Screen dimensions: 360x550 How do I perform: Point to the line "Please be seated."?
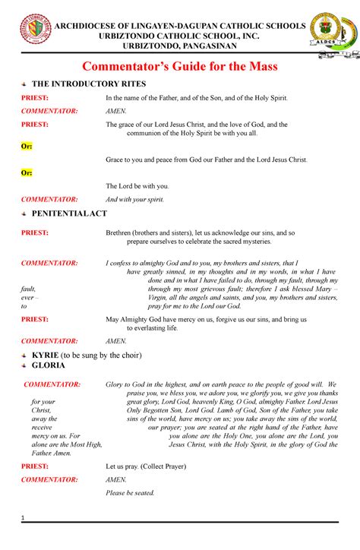130,493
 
